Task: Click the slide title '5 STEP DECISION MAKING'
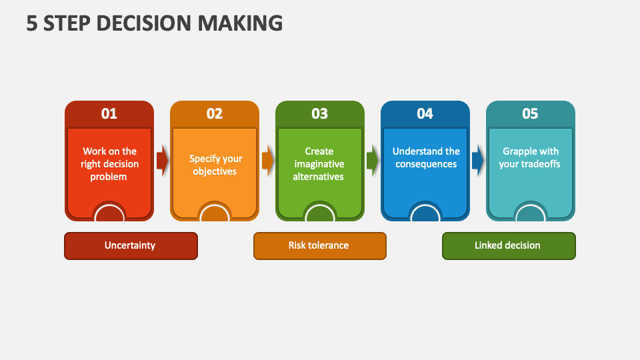tap(155, 23)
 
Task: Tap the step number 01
tap(109, 113)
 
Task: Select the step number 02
tap(215, 113)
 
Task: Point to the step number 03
tap(320, 113)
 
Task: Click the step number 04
tap(425, 113)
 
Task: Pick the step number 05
tap(530, 113)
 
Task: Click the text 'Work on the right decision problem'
tap(109, 164)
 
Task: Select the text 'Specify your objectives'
tap(215, 165)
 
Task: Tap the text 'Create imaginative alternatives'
tap(319, 164)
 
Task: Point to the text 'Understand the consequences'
tap(426, 157)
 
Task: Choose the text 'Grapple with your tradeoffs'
tap(530, 157)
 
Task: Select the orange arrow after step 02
tap(268, 161)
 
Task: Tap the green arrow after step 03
tap(373, 161)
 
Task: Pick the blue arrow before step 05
tap(478, 161)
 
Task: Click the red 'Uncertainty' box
tap(131, 245)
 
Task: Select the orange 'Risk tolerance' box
tap(319, 245)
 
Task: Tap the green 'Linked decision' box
tap(509, 245)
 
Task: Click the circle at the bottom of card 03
tap(320, 213)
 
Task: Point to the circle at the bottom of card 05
tap(531, 213)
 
